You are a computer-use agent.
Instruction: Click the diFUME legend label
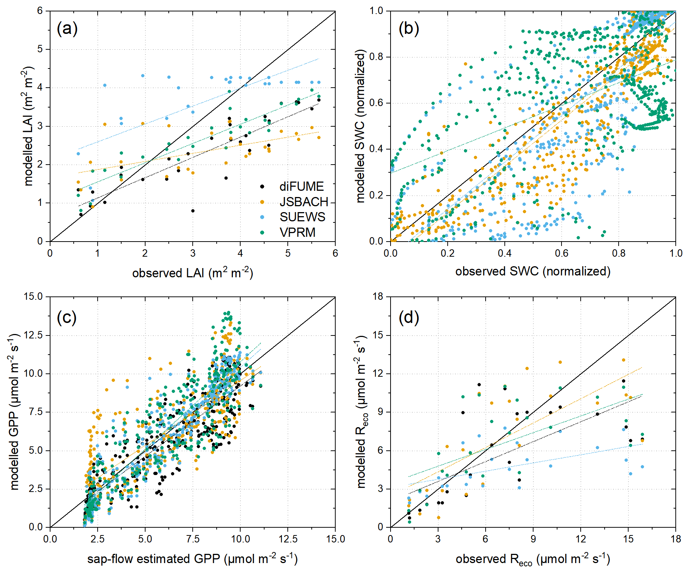301,187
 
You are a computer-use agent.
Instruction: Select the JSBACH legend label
304,202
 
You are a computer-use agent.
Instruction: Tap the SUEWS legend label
302,217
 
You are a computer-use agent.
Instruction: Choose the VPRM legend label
297,233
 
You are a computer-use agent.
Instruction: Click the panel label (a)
67,29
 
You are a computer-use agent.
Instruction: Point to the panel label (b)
409,29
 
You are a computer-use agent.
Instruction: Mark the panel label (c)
67,317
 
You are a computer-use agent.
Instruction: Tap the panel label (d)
409,317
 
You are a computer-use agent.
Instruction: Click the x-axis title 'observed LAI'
192,273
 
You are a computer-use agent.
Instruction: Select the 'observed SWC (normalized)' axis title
533,271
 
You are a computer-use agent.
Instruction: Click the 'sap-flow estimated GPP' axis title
192,559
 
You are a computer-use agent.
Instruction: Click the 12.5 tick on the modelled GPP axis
34,335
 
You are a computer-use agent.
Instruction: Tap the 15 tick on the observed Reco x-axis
628,539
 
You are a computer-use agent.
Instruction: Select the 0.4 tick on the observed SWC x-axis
504,253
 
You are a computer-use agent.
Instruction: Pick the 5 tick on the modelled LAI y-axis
40,49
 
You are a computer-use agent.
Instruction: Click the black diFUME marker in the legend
262,187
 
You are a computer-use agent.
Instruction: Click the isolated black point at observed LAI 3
193,211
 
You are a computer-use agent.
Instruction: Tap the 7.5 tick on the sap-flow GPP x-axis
192,539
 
